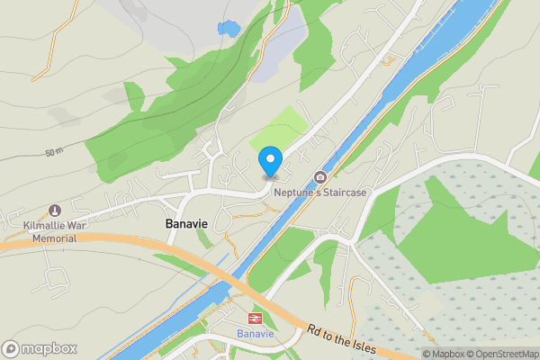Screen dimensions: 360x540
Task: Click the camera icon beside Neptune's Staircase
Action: (319, 177)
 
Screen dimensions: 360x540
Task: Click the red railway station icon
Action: (255, 319)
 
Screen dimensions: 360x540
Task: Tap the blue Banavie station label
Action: (255, 335)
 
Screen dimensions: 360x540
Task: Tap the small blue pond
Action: (227, 28)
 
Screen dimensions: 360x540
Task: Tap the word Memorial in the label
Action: (55, 238)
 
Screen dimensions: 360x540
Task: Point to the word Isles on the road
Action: (370, 348)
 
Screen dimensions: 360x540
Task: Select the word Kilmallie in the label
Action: (42, 226)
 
